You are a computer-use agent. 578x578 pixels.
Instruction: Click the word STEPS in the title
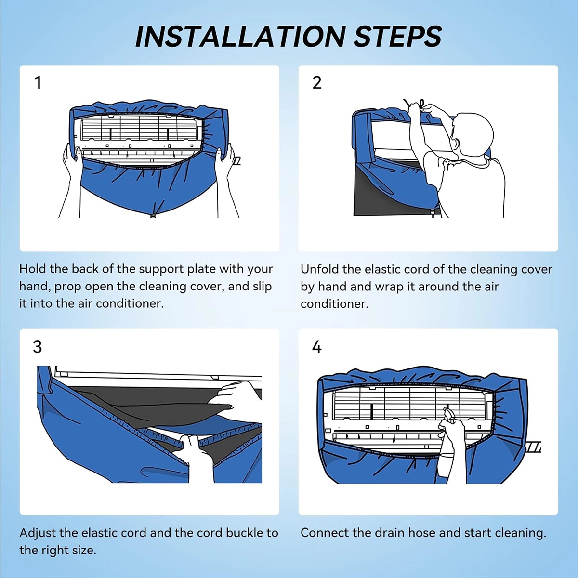pyautogui.click(x=398, y=37)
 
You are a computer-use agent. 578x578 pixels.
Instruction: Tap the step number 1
pyautogui.click(x=38, y=83)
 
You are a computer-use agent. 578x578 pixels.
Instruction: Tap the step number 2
pyautogui.click(x=317, y=83)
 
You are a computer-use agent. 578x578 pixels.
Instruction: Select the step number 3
pyautogui.click(x=38, y=347)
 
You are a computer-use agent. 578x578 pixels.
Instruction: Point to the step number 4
pyautogui.click(x=317, y=347)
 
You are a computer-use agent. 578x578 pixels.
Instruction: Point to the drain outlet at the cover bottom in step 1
pyautogui.click(x=153, y=214)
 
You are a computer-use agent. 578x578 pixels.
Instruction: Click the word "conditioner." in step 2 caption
pyautogui.click(x=334, y=304)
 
